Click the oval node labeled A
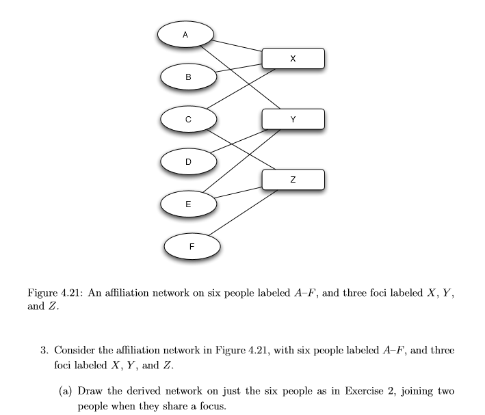185,34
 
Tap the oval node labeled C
188,118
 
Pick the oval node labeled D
188,161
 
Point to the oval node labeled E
188,203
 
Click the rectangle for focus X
293,59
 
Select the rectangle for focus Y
293,120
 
